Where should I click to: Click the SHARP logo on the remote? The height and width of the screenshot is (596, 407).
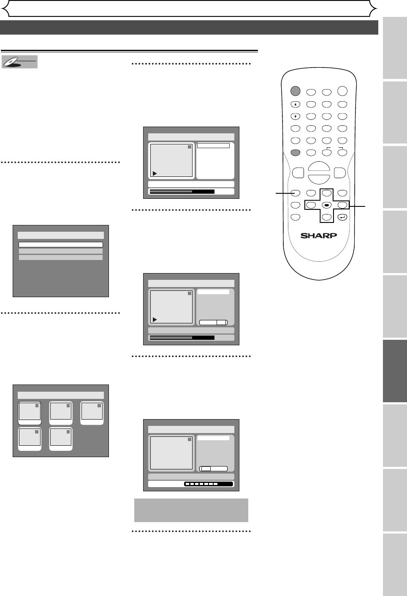pyautogui.click(x=319, y=235)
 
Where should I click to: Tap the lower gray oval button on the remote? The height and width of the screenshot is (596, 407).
pyautogui.click(x=295, y=152)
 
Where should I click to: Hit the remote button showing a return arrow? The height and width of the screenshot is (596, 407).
pyautogui.click(x=342, y=217)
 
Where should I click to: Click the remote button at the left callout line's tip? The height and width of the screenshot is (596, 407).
pyautogui.click(x=295, y=193)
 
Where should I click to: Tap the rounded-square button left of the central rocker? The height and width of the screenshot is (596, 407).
pyautogui.click(x=297, y=173)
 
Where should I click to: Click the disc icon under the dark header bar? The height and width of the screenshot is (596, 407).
pyautogui.click(x=19, y=62)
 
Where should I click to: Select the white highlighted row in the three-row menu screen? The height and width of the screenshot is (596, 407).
pyautogui.click(x=61, y=244)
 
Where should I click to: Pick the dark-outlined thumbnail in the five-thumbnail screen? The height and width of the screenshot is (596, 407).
pyautogui.click(x=30, y=413)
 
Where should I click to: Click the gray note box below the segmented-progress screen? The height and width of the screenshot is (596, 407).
pyautogui.click(x=191, y=510)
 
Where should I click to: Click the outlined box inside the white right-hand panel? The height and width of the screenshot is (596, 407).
pyautogui.click(x=214, y=146)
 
